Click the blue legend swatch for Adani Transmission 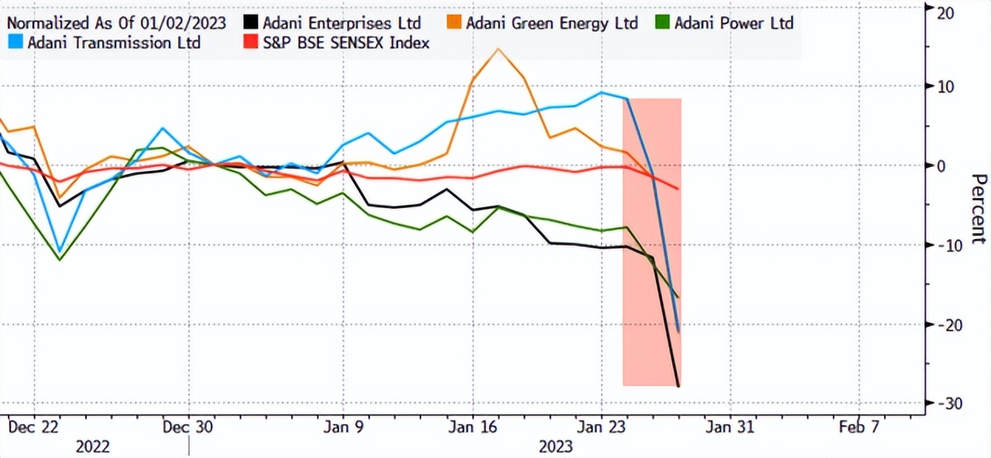click(15, 43)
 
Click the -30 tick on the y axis click(949, 404)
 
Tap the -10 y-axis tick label click(949, 245)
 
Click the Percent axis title click(978, 209)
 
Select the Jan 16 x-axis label click(472, 426)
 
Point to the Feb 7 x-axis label click(859, 426)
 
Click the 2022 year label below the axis click(92, 446)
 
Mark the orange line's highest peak click(498, 50)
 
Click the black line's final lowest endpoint click(678, 385)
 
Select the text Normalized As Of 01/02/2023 click(116, 23)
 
